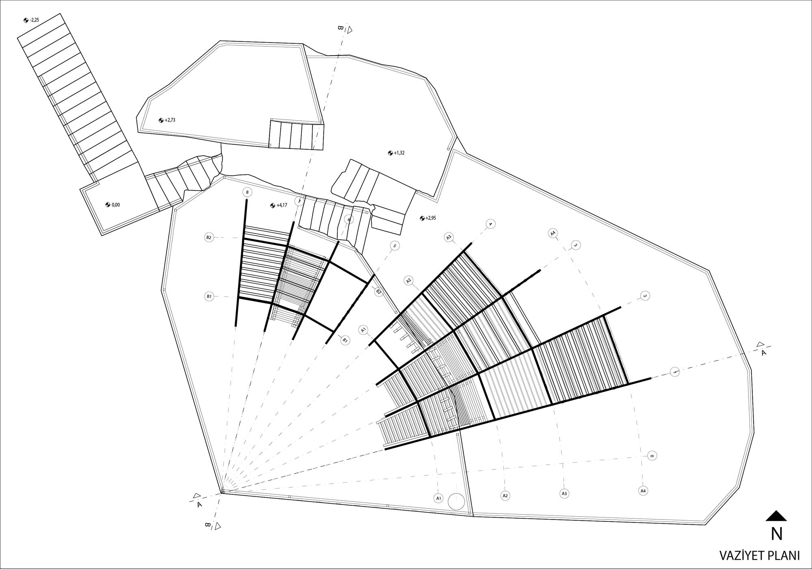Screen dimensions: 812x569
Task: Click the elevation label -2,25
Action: tap(35, 20)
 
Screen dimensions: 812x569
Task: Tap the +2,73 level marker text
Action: tap(170, 120)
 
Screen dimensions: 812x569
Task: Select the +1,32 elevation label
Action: tap(399, 153)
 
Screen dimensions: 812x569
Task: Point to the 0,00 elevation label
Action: tap(116, 205)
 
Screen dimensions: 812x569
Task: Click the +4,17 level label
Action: tap(282, 205)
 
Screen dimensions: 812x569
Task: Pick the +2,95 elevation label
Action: tap(431, 218)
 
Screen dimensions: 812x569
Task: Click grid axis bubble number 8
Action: tap(247, 192)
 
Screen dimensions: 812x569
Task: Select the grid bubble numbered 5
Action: tap(394, 246)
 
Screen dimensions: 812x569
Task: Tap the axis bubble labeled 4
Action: tap(490, 224)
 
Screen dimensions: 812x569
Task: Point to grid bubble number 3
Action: tap(575, 245)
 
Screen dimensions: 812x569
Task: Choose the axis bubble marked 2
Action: tap(644, 296)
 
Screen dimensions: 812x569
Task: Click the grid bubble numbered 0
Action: tap(652, 456)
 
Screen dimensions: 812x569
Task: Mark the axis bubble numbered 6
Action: tap(348, 219)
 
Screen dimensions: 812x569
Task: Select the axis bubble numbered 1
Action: tap(675, 371)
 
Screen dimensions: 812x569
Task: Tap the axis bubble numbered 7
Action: tap(299, 201)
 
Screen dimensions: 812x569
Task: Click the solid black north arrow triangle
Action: tap(776, 515)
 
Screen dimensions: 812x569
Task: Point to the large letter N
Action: tap(777, 534)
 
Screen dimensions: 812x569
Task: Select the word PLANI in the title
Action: tap(783, 556)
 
